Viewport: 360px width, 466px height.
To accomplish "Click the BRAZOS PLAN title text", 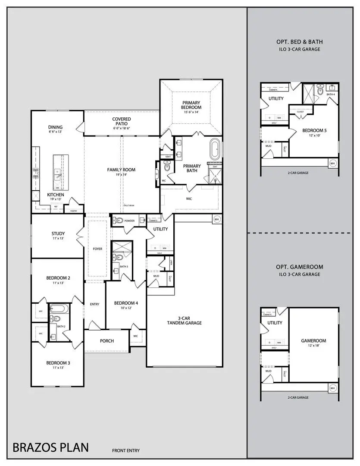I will [50, 447].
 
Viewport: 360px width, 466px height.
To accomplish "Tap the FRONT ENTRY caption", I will [126, 451].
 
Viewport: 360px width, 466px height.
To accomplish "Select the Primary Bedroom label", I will [191, 104].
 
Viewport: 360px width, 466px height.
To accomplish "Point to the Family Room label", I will [121, 170].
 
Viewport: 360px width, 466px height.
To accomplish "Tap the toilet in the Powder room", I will [119, 220].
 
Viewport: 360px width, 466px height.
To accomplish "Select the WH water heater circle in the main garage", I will [217, 220].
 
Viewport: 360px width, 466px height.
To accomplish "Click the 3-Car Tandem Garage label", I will [185, 321].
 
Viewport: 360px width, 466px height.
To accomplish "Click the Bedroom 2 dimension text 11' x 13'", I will [58, 283].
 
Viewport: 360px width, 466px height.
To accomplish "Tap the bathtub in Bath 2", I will [57, 309].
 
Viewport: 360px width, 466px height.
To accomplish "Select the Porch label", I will [107, 341].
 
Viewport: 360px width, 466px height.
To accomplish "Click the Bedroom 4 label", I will [126, 303].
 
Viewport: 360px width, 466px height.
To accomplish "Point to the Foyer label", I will [97, 249].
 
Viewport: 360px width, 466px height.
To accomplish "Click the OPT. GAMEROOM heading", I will [300, 267].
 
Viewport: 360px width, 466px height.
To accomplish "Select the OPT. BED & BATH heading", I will [300, 42].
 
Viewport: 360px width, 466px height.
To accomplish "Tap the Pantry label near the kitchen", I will [73, 211].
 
